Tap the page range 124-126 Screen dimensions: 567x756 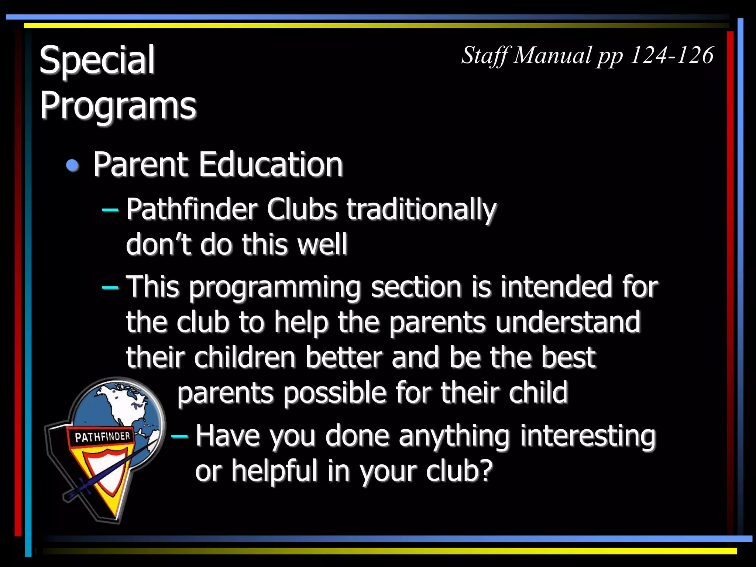671,55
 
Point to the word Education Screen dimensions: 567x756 271,165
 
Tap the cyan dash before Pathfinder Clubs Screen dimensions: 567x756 110,210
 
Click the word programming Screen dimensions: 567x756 275,288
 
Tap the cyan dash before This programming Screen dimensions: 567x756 110,287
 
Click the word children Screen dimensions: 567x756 245,357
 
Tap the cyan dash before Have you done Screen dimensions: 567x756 179,436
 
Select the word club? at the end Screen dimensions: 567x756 459,471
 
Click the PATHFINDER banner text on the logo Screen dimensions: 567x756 103,437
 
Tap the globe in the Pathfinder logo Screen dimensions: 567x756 122,406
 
